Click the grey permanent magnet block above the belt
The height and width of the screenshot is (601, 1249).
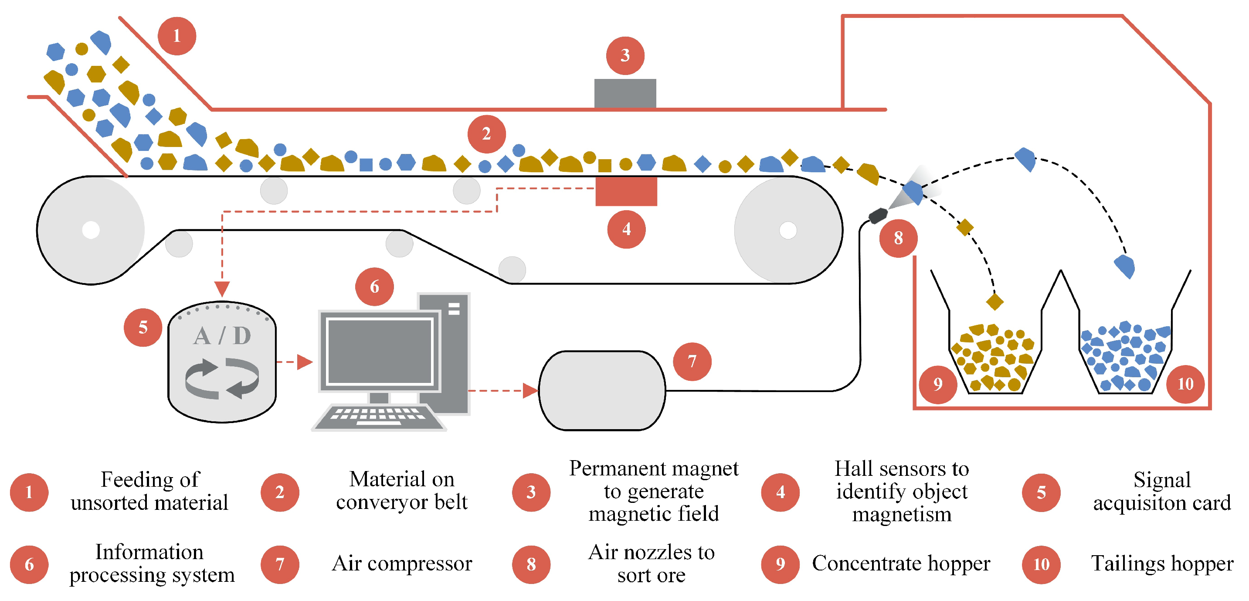click(x=625, y=93)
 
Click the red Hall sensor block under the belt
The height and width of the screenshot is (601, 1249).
click(x=626, y=191)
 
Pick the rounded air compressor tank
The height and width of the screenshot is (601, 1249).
click(x=602, y=390)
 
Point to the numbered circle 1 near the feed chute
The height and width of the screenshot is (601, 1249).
click(x=177, y=36)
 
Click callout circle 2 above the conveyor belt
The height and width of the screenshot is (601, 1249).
click(x=486, y=134)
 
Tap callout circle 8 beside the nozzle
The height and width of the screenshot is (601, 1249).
click(x=898, y=238)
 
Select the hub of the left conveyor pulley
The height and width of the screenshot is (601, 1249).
click(x=91, y=230)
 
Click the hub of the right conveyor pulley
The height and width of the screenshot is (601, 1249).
click(x=787, y=230)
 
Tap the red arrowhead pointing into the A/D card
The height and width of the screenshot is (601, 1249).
click(x=222, y=289)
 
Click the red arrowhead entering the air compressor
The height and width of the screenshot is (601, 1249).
click(x=530, y=390)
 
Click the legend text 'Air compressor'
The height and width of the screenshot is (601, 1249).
click(x=401, y=563)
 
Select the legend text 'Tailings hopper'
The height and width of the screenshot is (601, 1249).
click(x=1162, y=563)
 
